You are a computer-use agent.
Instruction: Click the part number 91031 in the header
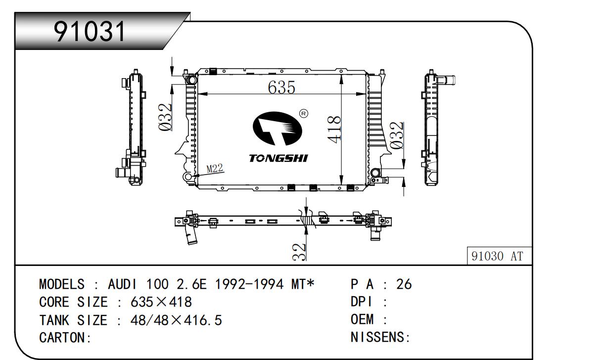click(90, 32)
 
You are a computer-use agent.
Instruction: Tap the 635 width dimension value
click(281, 88)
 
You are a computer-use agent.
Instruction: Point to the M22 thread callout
click(215, 169)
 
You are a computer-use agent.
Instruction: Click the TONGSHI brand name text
click(278, 158)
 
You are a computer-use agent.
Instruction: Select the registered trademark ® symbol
click(304, 114)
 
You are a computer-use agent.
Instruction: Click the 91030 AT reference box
click(499, 257)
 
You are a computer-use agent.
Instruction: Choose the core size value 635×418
click(161, 302)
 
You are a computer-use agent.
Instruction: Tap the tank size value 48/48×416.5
click(176, 320)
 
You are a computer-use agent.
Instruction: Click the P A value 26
click(404, 284)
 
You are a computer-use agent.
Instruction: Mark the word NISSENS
click(378, 338)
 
